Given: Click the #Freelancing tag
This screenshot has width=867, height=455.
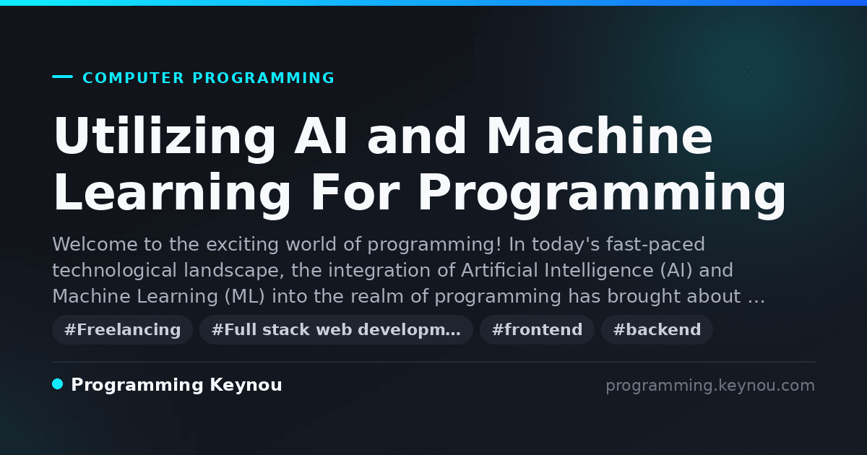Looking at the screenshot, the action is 122,329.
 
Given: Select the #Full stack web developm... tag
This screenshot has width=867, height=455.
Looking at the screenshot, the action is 336,329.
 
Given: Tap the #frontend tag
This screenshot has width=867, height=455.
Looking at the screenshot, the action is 537,329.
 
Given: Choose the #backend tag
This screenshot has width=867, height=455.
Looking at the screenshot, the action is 657,329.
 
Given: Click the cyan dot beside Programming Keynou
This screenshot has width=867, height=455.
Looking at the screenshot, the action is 58,384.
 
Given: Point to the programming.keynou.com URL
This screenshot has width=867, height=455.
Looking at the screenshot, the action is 710,386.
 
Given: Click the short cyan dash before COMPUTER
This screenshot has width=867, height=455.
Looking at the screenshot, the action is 62,77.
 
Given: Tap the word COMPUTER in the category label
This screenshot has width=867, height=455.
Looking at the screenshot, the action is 133,78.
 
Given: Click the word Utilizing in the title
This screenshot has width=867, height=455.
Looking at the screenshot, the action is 165,137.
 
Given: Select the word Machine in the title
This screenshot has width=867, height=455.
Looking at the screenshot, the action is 600,136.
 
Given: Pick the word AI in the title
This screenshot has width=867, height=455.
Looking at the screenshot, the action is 321,136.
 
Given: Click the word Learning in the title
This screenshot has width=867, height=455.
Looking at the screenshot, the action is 172,194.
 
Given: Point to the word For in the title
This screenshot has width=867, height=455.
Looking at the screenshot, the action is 355,193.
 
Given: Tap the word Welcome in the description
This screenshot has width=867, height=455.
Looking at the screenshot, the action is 95,245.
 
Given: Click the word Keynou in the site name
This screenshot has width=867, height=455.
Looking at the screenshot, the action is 246,386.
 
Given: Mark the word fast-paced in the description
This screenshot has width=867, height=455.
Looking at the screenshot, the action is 655,246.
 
